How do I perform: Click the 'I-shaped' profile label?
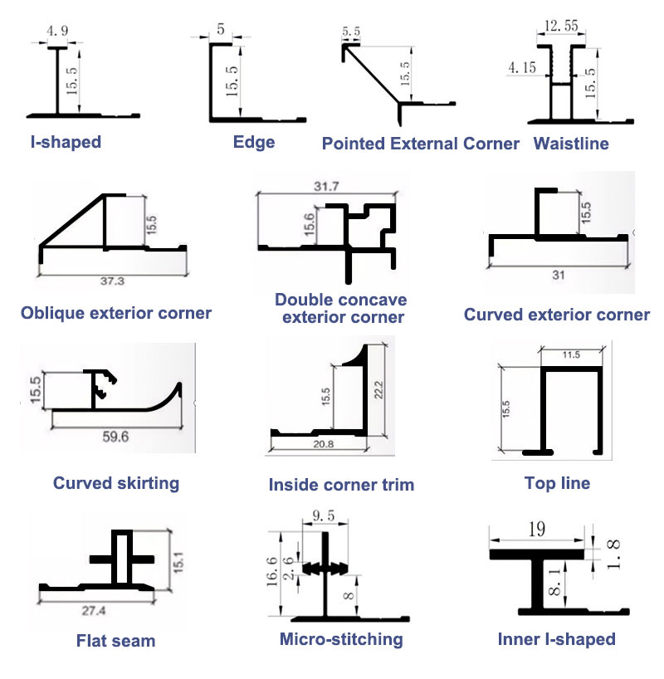[x=65, y=142]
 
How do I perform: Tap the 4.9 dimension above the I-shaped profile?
[x=57, y=32]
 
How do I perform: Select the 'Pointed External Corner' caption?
[x=420, y=144]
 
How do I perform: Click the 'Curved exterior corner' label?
[x=556, y=315]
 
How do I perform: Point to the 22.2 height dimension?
[x=381, y=386]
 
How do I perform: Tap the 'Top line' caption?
[x=557, y=482]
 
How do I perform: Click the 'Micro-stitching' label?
[x=341, y=639]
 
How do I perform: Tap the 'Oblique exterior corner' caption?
[x=116, y=313]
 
